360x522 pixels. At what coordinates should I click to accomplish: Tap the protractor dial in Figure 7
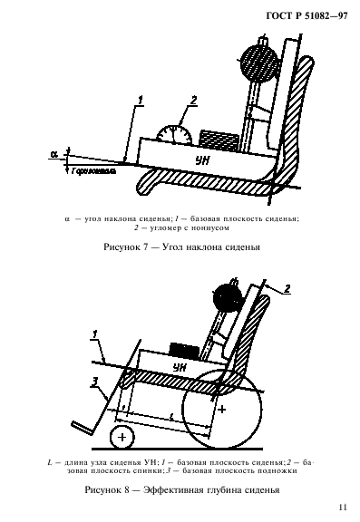(x=171, y=133)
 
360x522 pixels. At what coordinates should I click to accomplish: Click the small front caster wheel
(x=119, y=437)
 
